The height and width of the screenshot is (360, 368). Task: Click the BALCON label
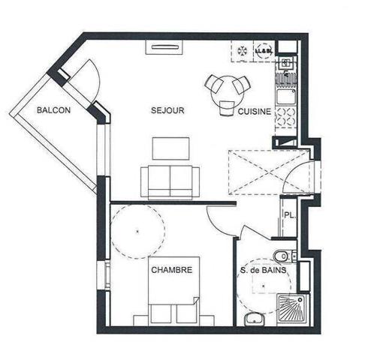[55, 110]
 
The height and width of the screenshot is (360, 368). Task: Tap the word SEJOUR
[167, 110]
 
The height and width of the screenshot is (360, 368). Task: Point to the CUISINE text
[255, 112]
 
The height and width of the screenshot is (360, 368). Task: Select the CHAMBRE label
[171, 269]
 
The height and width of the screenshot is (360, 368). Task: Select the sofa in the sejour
[170, 179]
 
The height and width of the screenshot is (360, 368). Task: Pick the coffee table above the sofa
[170, 148]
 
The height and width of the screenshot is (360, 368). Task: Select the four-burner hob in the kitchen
[285, 116]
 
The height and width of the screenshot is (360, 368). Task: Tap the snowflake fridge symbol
[243, 50]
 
